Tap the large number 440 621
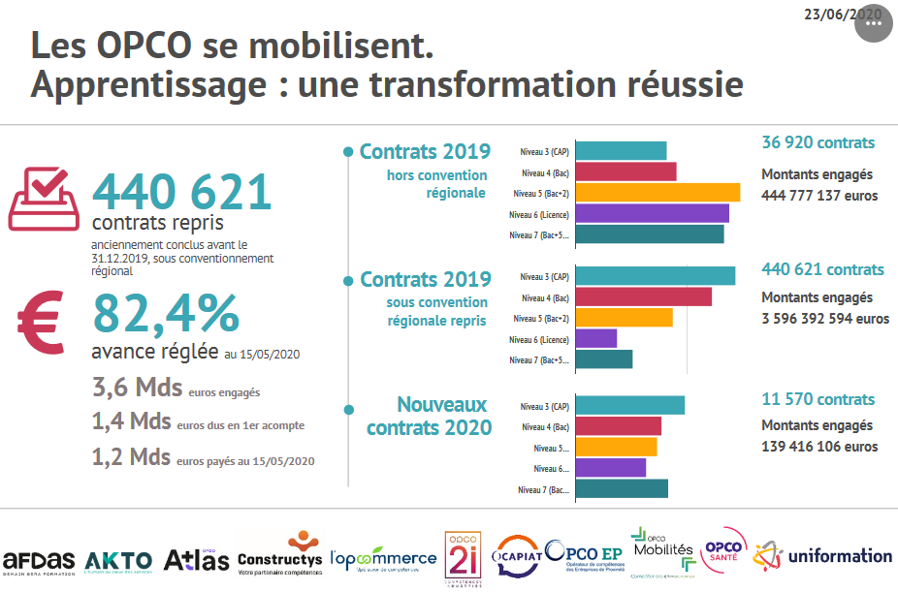[181, 192]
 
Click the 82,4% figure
[166, 313]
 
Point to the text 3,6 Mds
[137, 389]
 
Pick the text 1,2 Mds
[131, 456]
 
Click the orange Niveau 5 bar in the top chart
[657, 192]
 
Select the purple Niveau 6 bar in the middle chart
[596, 338]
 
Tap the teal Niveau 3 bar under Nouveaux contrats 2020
[630, 405]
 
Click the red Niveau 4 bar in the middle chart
[644, 296]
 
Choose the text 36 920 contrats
[818, 142]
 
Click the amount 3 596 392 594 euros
[824, 318]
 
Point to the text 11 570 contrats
[818, 399]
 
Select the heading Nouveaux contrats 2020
[429, 416]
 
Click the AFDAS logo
[39, 561]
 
